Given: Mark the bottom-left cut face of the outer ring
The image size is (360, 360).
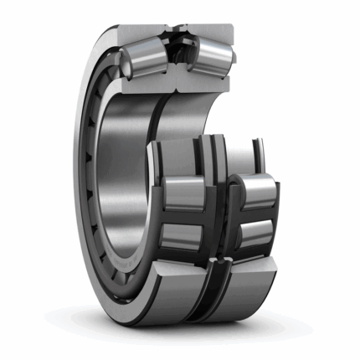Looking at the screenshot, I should pyautogui.click(x=180, y=285).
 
